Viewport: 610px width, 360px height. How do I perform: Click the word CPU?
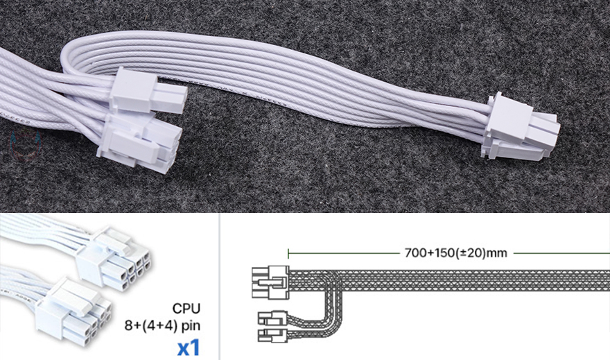pyautogui.click(x=186, y=308)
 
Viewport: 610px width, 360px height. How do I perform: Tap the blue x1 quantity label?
pyautogui.click(x=189, y=348)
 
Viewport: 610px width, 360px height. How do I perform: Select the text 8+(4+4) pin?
pyautogui.click(x=162, y=325)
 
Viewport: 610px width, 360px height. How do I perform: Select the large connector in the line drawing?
pyautogui.click(x=270, y=282)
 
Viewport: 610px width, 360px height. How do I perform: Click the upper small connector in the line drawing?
pyautogui.click(x=273, y=318)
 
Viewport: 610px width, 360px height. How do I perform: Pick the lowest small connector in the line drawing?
pyautogui.click(x=273, y=335)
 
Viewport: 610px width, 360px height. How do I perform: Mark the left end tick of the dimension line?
pyautogui.click(x=288, y=254)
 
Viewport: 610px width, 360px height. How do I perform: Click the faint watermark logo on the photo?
pyautogui.click(x=26, y=146)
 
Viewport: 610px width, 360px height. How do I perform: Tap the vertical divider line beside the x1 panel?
pyautogui.click(x=220, y=286)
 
